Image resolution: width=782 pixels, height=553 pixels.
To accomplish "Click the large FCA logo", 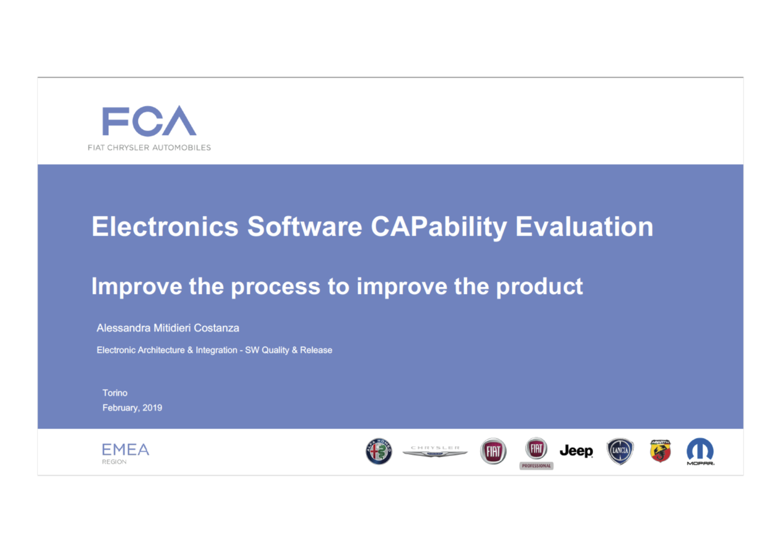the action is (x=149, y=121).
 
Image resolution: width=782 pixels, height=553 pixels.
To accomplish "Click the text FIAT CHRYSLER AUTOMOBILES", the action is (x=149, y=148).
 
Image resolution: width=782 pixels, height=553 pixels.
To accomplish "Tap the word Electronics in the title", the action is (x=165, y=226).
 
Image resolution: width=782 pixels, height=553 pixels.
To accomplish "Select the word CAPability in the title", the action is (x=439, y=227).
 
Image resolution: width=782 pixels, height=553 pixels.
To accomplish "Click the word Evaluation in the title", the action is (x=584, y=226).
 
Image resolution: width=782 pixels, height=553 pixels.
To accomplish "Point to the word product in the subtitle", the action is (x=539, y=287).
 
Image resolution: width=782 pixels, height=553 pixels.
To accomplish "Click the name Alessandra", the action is (x=123, y=328).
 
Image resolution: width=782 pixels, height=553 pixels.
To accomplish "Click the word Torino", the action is (x=115, y=393).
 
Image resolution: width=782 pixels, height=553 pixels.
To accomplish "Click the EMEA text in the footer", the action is (x=125, y=449).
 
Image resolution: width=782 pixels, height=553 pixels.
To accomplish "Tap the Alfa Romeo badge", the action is (x=379, y=451).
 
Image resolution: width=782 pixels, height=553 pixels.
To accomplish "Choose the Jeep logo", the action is (x=576, y=451).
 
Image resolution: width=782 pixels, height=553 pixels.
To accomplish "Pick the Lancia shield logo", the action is (x=620, y=451).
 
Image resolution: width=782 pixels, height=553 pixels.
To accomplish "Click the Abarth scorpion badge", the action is (x=660, y=451).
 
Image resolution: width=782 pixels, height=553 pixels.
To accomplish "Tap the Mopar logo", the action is (x=700, y=451).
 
